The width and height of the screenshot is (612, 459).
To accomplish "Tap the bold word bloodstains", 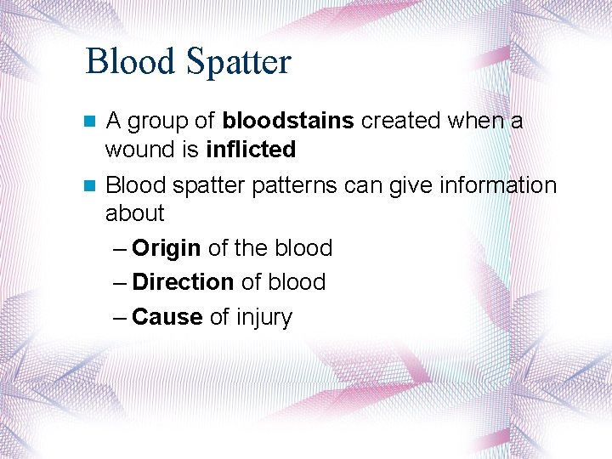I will click(288, 122).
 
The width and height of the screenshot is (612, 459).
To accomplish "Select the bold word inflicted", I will click(251, 150).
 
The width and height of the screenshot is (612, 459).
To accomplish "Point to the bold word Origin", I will click(167, 248).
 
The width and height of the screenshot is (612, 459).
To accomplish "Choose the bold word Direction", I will click(183, 282).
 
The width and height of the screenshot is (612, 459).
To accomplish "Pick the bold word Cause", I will click(167, 317).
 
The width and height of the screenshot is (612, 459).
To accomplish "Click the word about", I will click(134, 213).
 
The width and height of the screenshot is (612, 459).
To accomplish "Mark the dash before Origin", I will click(120, 249).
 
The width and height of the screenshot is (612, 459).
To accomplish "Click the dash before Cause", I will click(120, 318).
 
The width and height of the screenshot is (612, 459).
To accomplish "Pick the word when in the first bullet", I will click(474, 122).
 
